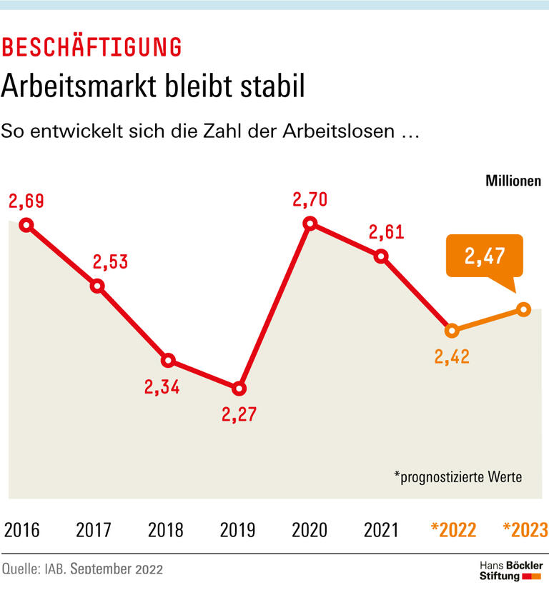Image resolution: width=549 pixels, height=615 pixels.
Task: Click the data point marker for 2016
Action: [x=26, y=225]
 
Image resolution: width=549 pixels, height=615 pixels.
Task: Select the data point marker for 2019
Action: [x=239, y=389]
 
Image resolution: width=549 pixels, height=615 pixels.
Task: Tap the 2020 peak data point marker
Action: [x=310, y=224]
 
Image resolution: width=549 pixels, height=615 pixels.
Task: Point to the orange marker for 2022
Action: [x=451, y=331]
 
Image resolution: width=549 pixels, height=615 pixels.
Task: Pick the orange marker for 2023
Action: [x=523, y=309]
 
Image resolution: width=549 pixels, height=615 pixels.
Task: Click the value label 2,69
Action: [x=26, y=201]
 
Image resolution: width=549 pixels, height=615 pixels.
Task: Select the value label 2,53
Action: [x=110, y=262]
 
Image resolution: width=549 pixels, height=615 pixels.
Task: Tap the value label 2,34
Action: [x=162, y=387]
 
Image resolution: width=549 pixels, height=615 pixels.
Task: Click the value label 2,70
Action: [x=310, y=199]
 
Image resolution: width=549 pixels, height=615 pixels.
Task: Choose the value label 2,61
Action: [x=386, y=232]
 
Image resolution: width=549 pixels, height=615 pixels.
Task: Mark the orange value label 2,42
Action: [x=451, y=356]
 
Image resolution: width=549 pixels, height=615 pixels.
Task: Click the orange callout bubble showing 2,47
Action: [x=483, y=256]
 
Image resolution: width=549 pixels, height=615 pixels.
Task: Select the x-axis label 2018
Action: [x=165, y=530]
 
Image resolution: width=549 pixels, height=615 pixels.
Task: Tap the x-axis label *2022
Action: [x=453, y=530]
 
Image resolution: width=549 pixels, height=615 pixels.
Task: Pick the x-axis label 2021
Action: [x=381, y=530]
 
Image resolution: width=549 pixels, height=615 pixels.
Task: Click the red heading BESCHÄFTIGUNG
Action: [x=91, y=47]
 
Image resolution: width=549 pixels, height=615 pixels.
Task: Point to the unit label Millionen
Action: [x=513, y=181]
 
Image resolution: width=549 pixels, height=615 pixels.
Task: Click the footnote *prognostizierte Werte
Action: [x=457, y=476]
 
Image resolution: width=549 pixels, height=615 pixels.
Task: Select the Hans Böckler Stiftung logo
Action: [x=510, y=571]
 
